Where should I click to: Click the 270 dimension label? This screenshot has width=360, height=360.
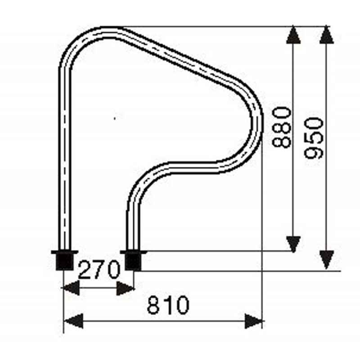[x=99, y=270]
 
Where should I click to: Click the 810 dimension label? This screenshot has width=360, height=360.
[x=168, y=305]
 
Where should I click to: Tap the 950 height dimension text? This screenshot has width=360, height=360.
[x=314, y=138]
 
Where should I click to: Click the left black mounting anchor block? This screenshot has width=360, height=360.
[x=65, y=261]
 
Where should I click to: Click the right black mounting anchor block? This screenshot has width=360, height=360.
[x=133, y=261]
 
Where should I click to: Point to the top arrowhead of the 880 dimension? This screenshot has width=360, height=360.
[x=293, y=35]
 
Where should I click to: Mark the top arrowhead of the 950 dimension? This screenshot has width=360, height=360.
[x=327, y=35]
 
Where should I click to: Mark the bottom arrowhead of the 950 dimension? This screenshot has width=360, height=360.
[x=327, y=260]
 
